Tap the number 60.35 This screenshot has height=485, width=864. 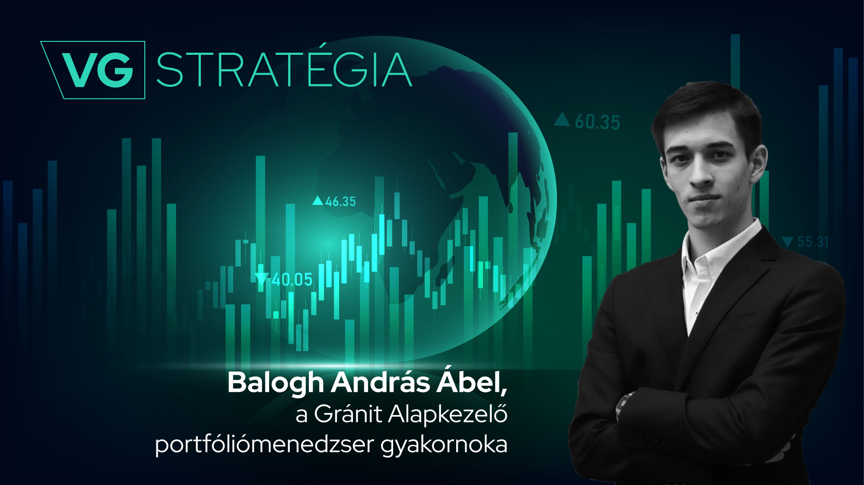click(x=597, y=122)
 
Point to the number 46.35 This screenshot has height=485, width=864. click(x=340, y=201)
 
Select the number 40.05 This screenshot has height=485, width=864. click(x=292, y=280)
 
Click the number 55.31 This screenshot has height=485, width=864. click(x=813, y=242)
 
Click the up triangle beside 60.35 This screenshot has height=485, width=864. click(x=562, y=119)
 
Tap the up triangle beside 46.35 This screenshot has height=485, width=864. click(x=318, y=200)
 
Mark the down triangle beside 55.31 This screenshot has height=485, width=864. click(x=788, y=241)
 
